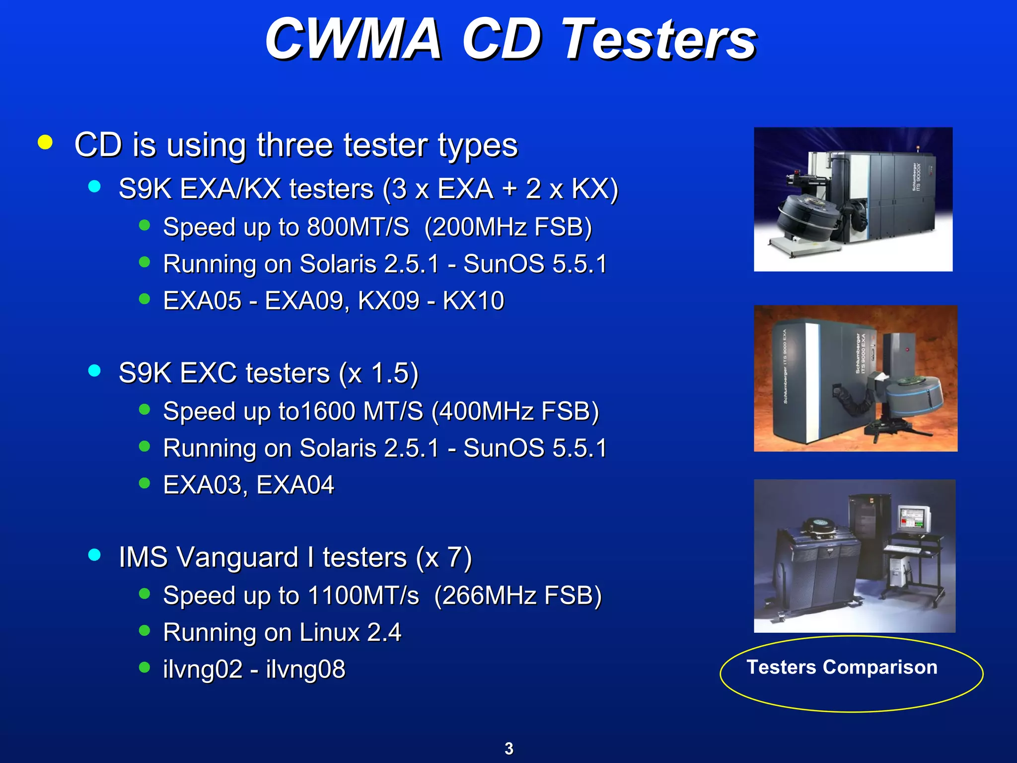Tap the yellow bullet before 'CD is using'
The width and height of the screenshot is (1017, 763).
tap(45, 143)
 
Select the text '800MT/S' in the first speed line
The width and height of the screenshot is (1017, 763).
tap(358, 228)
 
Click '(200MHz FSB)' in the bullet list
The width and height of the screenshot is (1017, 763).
tap(508, 228)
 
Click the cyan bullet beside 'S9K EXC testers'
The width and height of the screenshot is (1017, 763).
tap(94, 371)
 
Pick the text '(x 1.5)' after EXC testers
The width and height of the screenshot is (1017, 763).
tap(378, 373)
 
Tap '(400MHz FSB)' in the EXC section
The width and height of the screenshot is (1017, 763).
tap(515, 411)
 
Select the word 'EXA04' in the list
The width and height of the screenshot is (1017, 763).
tap(295, 485)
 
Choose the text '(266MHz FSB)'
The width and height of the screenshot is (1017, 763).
tap(517, 596)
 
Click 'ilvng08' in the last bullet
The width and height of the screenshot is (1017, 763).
tap(305, 669)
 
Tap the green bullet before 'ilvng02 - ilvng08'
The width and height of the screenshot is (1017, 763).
tap(145, 667)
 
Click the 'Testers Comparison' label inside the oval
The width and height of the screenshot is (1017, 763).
tap(842, 667)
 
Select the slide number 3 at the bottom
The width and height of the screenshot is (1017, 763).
tap(508, 748)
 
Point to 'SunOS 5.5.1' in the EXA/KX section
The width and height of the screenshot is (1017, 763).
tap(534, 264)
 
